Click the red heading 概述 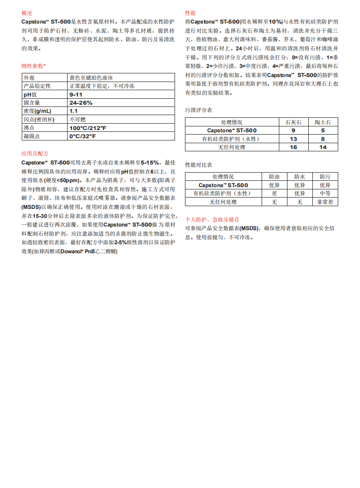pos(27,13)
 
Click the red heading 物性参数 pos(33,66)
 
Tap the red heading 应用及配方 pos(35,154)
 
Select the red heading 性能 pos(190,13)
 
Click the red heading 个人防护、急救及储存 pos(212,219)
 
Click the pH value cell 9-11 pos(76,94)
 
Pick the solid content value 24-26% pos(81,103)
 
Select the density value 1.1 pos(73,111)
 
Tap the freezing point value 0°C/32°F pos(82,136)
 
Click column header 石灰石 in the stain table pos(293,122)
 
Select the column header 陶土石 pos(323,122)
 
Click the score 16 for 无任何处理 pos(293,147)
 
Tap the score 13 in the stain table pos(293,139)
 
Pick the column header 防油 pos(274,177)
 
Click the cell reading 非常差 pos(325,202)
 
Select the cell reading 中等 pos(325,193)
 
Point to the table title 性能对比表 pos(198,164)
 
